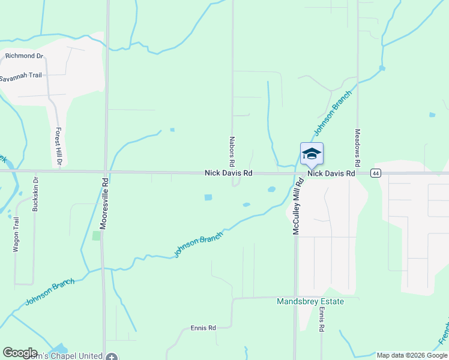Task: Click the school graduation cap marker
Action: coord(312,154)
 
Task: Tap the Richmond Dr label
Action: coord(25,56)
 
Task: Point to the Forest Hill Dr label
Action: coord(59,146)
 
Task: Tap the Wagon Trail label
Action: coord(17,234)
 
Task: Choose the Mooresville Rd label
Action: coord(104,204)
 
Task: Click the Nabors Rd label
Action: coord(232,151)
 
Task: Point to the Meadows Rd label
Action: coord(357,148)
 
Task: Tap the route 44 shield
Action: coord(375,173)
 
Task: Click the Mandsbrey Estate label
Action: coord(310,301)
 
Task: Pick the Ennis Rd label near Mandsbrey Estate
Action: coord(322,320)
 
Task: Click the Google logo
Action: coord(20,353)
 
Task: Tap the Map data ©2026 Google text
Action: coord(411,355)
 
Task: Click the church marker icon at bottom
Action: coord(112,356)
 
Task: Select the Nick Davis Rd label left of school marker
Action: coord(228,173)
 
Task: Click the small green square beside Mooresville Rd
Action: coord(97,236)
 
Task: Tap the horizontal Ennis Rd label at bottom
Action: coord(203,328)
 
